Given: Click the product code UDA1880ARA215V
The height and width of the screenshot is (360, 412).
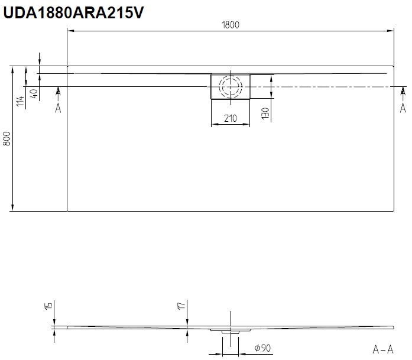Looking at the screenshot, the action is [73, 12].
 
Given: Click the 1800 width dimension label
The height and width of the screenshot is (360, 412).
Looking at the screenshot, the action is [231, 25].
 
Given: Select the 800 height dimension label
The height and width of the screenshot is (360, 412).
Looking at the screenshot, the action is [7, 138].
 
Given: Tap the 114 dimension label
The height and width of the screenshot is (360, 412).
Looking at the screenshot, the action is [20, 101].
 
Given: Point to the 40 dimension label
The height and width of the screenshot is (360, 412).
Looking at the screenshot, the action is [34, 93].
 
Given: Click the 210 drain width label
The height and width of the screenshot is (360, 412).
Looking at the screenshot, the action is [231, 118].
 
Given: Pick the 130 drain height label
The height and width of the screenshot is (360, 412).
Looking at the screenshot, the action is [265, 113].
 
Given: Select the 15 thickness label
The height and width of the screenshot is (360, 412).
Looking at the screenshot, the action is [48, 306].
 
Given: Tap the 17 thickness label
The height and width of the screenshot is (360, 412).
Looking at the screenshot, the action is [181, 306].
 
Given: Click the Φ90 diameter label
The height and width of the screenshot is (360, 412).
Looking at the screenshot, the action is [262, 348].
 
